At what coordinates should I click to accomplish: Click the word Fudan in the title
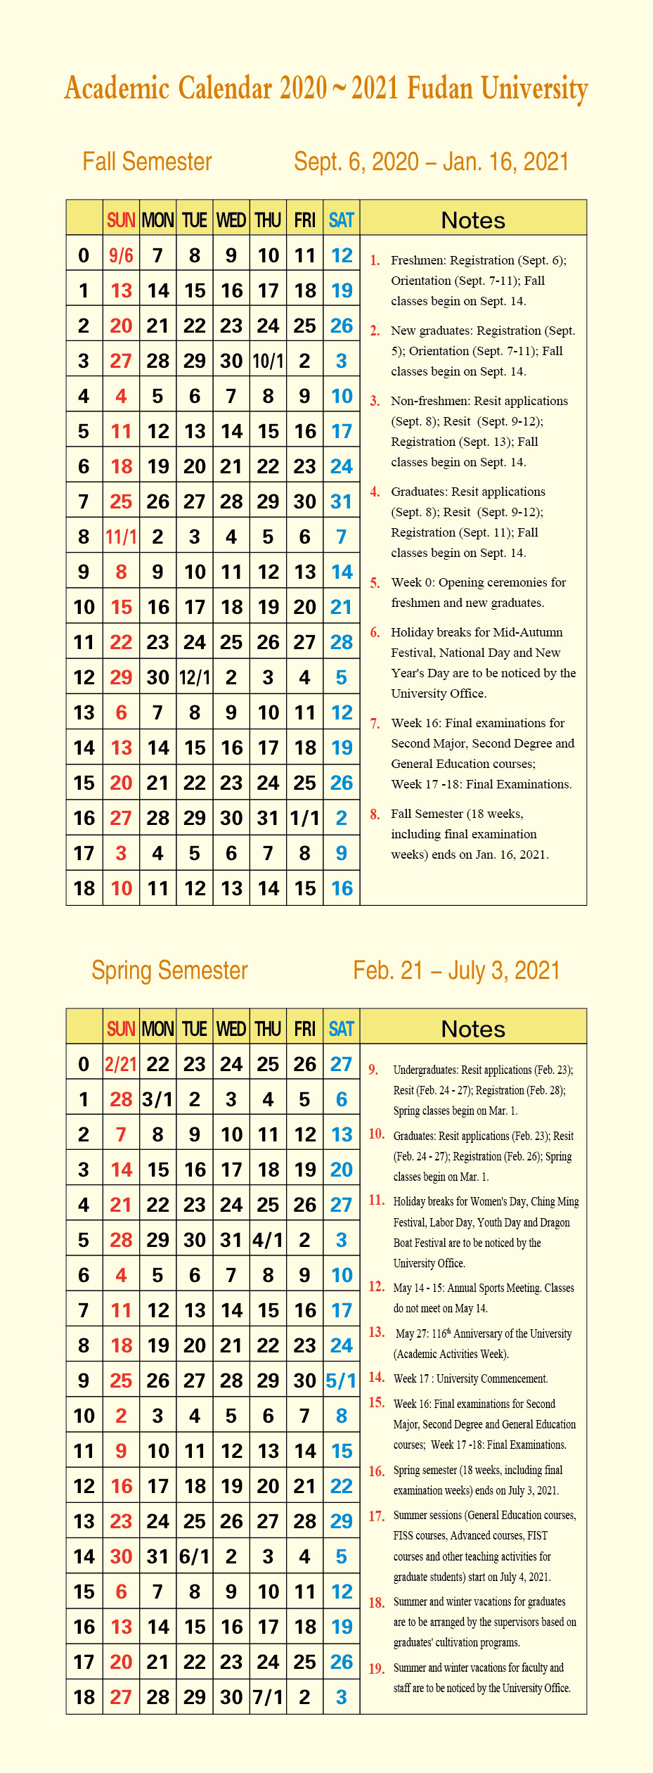coord(440,89)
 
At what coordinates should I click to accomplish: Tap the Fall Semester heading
coord(147,162)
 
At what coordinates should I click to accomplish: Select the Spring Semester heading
coord(169,971)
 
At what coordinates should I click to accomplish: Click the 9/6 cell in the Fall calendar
coord(121,255)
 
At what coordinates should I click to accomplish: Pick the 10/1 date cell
coord(268,361)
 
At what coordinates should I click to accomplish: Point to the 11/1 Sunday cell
coord(121,537)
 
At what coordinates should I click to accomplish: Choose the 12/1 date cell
coord(195,678)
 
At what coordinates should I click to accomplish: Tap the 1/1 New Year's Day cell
coord(304,819)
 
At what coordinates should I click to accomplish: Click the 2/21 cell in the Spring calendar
coord(121,1064)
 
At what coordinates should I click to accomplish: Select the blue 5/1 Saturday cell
coord(342,1381)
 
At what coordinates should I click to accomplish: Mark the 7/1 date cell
coord(268,1697)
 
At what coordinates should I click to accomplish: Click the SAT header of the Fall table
coord(342,220)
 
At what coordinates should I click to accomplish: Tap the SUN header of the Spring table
coord(121,1029)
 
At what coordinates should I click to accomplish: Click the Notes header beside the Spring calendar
coord(473,1029)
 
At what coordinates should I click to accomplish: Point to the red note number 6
coord(375,632)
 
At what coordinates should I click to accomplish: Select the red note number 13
coord(377,1332)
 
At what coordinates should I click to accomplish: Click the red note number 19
coord(377,1668)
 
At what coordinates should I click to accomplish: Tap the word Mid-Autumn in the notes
coord(529,632)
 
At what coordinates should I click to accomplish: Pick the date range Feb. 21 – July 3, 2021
coord(457,971)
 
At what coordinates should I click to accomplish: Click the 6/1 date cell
coord(195,1556)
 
